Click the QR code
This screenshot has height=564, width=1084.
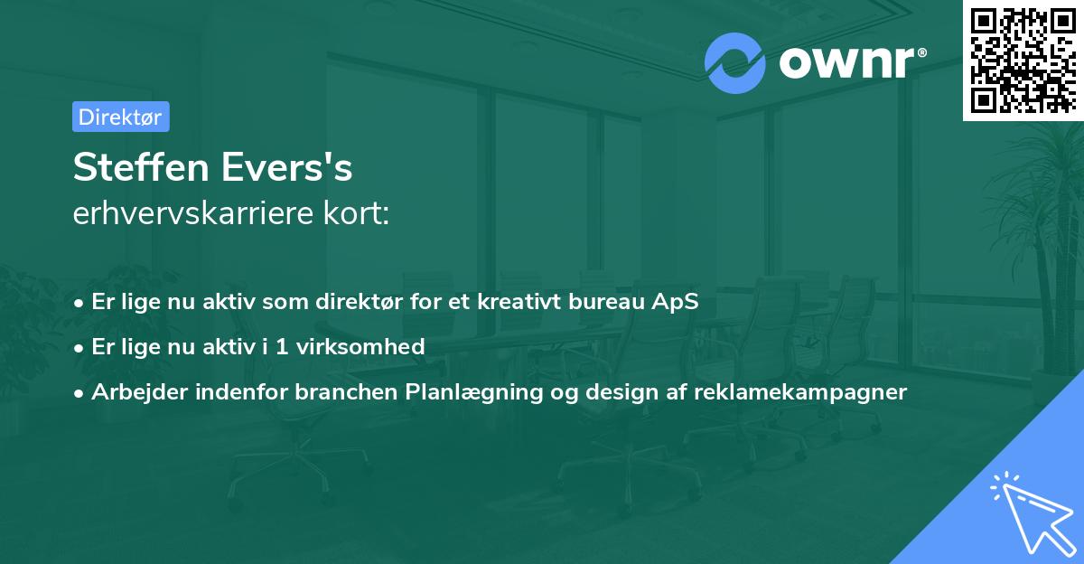point(1023,60)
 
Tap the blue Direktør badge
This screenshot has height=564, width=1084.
point(120,117)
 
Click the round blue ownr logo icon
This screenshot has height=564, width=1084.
point(735,62)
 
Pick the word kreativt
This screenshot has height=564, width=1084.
point(527,302)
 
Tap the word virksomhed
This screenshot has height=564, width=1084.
point(371,346)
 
